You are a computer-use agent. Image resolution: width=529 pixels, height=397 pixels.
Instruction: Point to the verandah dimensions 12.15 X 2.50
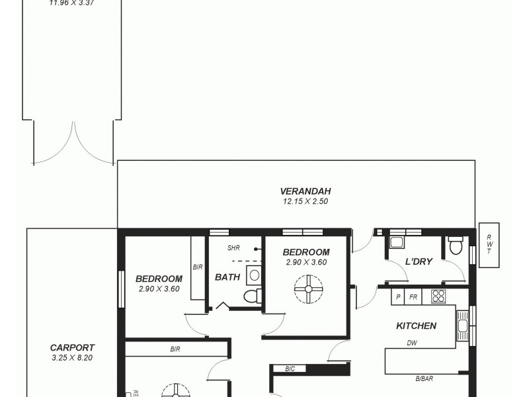(296, 201)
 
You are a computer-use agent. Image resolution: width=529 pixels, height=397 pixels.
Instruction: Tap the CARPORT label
(73, 347)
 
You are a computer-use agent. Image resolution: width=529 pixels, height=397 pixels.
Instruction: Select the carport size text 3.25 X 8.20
(73, 357)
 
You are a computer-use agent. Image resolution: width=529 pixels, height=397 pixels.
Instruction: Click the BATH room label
(227, 277)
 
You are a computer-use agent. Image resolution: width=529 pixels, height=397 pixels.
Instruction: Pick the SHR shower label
(233, 248)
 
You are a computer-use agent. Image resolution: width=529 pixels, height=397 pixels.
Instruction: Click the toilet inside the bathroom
(252, 295)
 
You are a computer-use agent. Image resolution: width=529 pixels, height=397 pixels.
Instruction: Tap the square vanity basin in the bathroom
(254, 274)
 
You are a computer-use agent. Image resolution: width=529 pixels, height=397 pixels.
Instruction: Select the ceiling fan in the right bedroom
(308, 289)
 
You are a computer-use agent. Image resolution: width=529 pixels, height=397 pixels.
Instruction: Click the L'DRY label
(419, 261)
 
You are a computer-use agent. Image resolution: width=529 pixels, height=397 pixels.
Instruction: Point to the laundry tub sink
(397, 242)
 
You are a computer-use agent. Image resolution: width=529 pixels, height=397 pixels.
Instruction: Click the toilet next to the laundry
(455, 245)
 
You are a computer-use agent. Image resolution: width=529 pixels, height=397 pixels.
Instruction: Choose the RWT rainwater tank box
(489, 245)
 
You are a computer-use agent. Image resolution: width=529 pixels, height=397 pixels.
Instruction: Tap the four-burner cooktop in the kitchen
(438, 296)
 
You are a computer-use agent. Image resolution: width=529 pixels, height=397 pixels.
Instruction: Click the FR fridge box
(413, 297)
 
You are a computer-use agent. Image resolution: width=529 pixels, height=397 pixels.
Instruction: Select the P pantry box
(398, 297)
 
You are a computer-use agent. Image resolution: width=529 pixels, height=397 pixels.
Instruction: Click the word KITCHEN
(416, 326)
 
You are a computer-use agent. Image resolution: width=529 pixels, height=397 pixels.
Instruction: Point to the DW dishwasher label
(411, 342)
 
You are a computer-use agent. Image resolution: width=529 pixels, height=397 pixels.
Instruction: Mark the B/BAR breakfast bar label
(425, 378)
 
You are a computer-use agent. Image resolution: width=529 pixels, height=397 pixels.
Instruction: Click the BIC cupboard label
(290, 369)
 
